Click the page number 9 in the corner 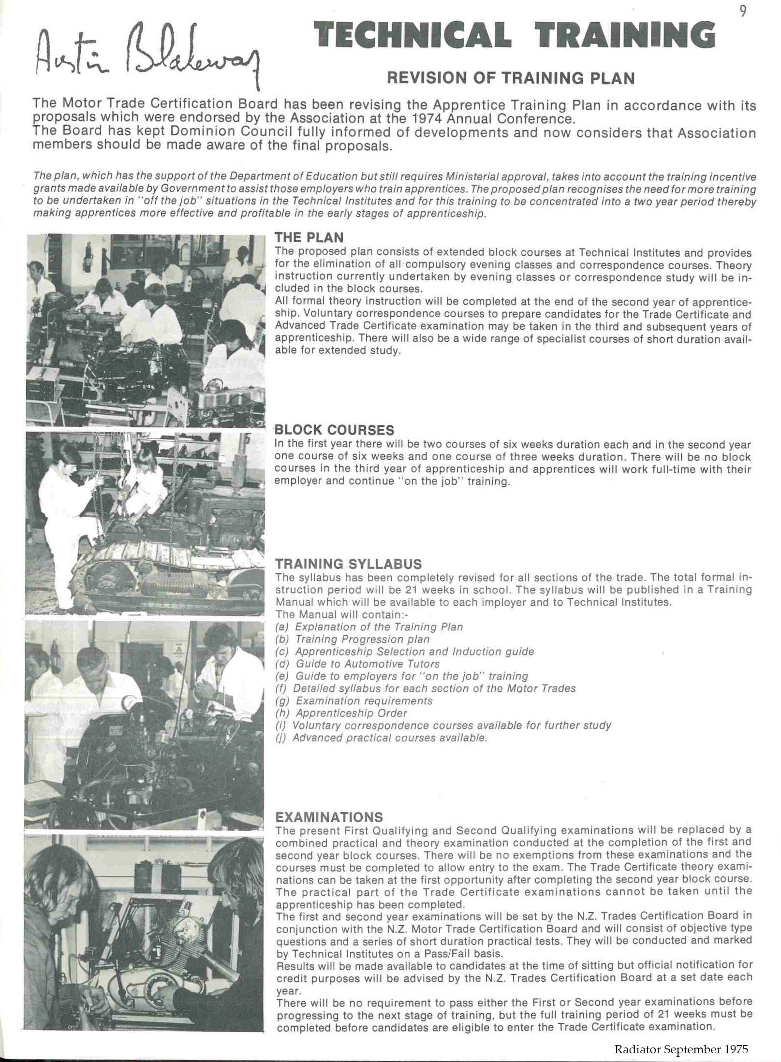coord(743,12)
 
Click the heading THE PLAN coord(309,237)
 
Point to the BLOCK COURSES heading coord(334,430)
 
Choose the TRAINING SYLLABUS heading coord(348,564)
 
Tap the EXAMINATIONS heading coord(329,817)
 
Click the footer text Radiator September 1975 coord(681,1049)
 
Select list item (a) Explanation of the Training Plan coord(369,627)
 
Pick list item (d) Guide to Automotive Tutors coord(357,664)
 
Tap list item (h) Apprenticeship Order coord(341,713)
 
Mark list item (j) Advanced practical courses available coord(381,738)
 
